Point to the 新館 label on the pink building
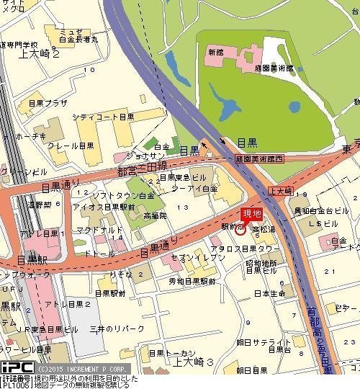pyautogui.click(x=215, y=53)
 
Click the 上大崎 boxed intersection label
pyautogui.click(x=279, y=191)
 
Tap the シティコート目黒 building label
pyautogui.click(x=103, y=116)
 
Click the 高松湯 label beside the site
pyautogui.click(x=264, y=228)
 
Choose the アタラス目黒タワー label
pyautogui.click(x=261, y=249)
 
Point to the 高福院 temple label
pyautogui.click(x=154, y=215)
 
